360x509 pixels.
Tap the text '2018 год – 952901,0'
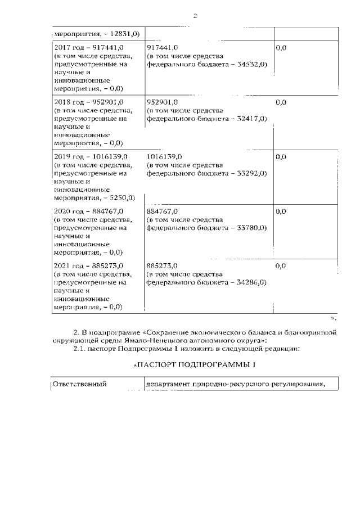(x=88, y=102)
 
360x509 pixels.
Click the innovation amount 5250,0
(x=121, y=198)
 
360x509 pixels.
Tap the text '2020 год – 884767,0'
(x=88, y=211)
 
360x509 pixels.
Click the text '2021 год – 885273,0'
(x=88, y=265)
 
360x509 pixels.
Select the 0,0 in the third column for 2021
(x=281, y=265)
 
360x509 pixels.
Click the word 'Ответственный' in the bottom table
(x=79, y=385)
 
